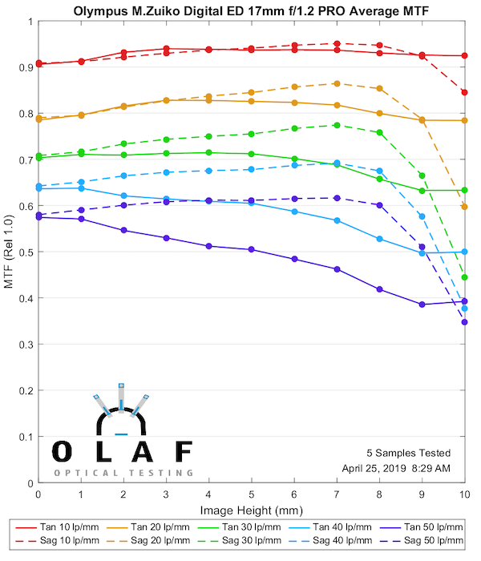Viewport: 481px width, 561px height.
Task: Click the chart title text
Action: [251, 12]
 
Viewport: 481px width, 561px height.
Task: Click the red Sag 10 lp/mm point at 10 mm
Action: [464, 92]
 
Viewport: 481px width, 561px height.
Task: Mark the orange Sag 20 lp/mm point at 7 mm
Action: [337, 83]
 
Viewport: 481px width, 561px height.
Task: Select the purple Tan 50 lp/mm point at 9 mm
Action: [422, 305]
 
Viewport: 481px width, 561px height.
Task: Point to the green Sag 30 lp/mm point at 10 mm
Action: [464, 277]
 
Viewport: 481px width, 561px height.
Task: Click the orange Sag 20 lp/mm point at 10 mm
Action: [464, 207]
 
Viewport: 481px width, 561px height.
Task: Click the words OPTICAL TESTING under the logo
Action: [122, 473]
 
